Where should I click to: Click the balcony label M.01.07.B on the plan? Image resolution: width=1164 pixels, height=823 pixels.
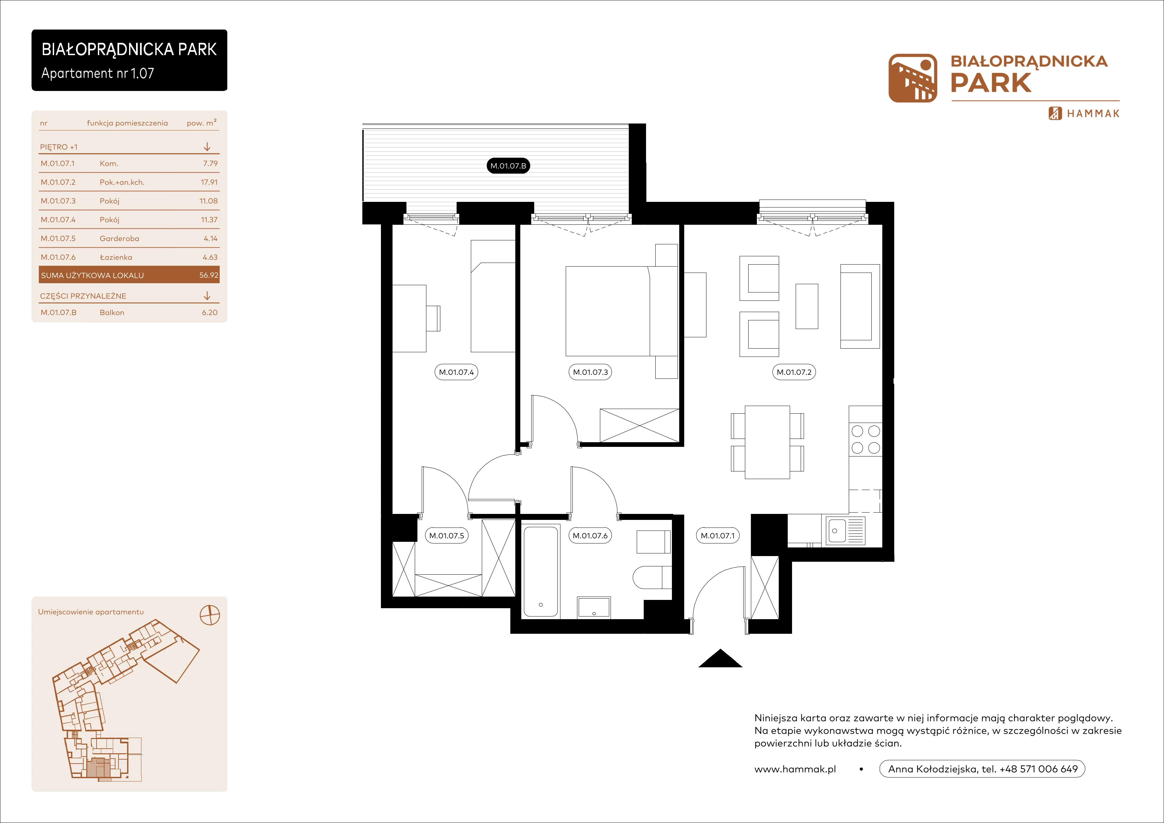pyautogui.click(x=508, y=166)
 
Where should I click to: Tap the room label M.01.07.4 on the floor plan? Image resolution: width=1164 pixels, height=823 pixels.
pyautogui.click(x=456, y=372)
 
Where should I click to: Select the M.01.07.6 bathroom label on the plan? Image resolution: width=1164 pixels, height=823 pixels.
pyautogui.click(x=590, y=535)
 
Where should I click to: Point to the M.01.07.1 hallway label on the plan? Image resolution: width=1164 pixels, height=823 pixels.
pyautogui.click(x=717, y=535)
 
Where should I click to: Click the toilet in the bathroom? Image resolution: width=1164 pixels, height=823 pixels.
pyautogui.click(x=652, y=577)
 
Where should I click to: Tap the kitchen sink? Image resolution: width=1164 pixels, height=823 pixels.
pyautogui.click(x=845, y=531)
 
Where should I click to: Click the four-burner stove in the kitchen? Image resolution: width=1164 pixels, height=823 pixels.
pyautogui.click(x=865, y=440)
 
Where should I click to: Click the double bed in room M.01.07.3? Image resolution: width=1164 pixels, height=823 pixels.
pyautogui.click(x=621, y=311)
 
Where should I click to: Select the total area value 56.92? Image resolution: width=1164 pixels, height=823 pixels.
pyautogui.click(x=209, y=275)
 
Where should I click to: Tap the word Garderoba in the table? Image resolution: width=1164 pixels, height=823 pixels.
pyautogui.click(x=119, y=238)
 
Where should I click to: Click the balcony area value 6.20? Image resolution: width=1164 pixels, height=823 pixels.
pyautogui.click(x=209, y=313)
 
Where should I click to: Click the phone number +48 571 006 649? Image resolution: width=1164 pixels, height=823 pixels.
pyautogui.click(x=1038, y=769)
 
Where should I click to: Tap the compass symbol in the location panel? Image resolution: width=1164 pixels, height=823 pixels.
pyautogui.click(x=210, y=615)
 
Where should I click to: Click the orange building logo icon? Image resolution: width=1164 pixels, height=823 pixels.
pyautogui.click(x=912, y=78)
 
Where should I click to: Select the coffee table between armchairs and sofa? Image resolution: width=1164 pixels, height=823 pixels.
pyautogui.click(x=807, y=306)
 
